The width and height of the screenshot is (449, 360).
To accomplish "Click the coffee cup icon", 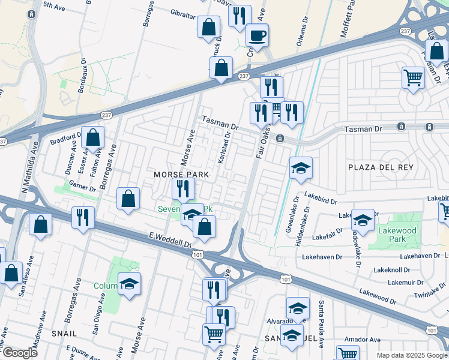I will [x=258, y=35].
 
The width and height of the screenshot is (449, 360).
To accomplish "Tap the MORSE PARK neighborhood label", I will [x=181, y=175].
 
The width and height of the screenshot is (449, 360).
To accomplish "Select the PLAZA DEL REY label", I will [x=381, y=167].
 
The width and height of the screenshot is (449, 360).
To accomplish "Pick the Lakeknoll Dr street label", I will [x=407, y=270].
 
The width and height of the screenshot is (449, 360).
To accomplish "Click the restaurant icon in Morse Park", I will [x=183, y=188].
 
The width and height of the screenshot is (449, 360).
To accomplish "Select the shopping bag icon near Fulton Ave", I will [x=93, y=137].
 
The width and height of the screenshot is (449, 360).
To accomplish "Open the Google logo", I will [x=20, y=353].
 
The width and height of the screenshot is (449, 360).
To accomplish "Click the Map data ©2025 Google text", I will [x=411, y=355].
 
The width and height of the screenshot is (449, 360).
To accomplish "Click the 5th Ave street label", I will [x=54, y=5].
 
